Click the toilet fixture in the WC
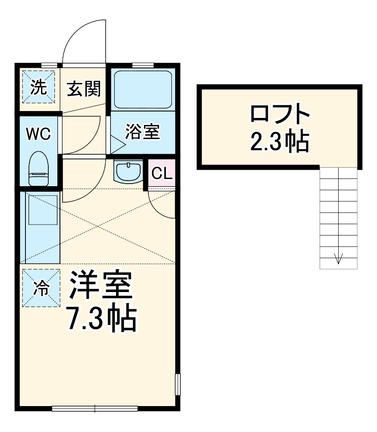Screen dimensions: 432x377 click(x=38, y=168)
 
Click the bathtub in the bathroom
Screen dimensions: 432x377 click(x=143, y=89)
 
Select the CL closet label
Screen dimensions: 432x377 click(x=162, y=174)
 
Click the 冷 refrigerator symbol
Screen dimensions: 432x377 click(x=41, y=288)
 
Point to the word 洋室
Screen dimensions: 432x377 click(x=101, y=286)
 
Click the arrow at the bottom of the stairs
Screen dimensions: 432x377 click(x=338, y=258)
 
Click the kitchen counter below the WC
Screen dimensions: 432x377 click(x=42, y=227)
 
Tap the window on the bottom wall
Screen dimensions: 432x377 click(x=94, y=408)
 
